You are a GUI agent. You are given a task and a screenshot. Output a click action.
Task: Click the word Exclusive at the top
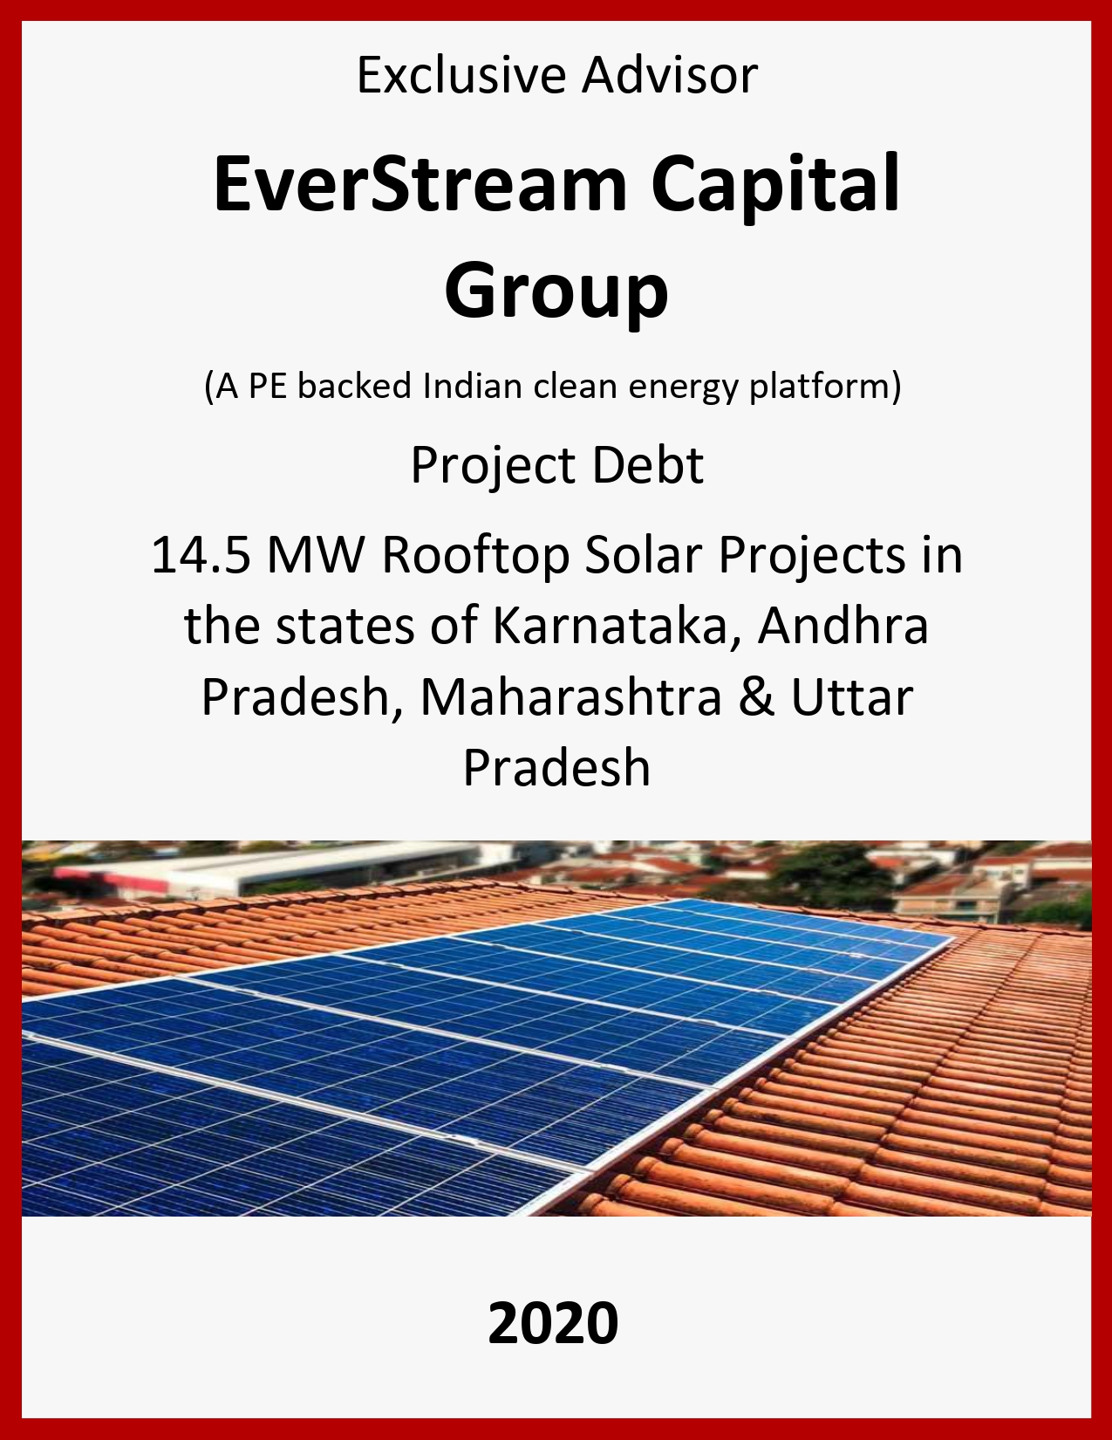(x=461, y=76)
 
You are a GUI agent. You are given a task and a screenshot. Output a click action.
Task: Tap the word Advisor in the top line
(x=670, y=76)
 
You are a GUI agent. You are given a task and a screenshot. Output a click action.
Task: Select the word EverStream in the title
(x=420, y=182)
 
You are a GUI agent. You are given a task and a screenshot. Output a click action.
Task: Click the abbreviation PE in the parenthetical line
(x=266, y=386)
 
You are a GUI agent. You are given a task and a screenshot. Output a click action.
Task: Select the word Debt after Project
(x=648, y=466)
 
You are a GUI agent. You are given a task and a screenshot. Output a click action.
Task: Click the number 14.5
(x=201, y=555)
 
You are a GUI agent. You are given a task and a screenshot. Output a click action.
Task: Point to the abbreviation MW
(x=316, y=555)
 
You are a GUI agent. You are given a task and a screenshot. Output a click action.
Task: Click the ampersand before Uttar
(x=756, y=698)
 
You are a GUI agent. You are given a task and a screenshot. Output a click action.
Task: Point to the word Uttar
(x=852, y=698)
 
